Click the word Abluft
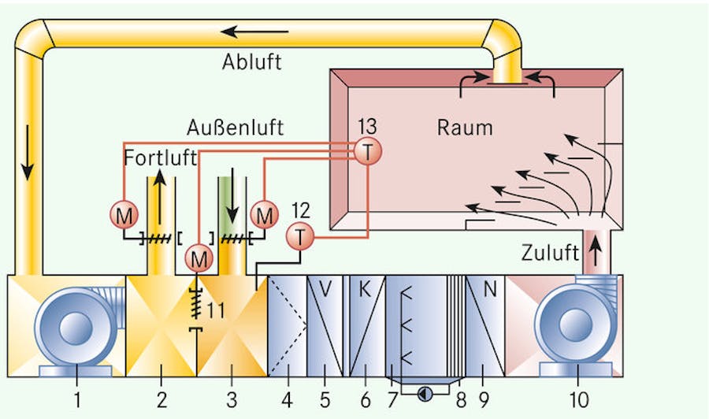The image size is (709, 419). click(251, 62)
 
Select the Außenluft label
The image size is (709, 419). click(236, 127)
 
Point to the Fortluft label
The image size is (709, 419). click(160, 158)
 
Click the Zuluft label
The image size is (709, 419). click(548, 253)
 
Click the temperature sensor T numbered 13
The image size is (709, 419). click(366, 152)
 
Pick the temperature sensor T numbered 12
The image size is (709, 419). click(299, 235)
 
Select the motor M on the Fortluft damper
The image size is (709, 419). click(124, 214)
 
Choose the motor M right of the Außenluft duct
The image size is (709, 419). click(265, 214)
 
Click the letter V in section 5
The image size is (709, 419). click(326, 289)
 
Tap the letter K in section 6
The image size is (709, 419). click(365, 289)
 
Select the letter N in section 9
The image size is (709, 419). click(490, 289)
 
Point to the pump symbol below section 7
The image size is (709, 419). click(425, 391)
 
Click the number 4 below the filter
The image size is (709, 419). click(287, 400)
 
